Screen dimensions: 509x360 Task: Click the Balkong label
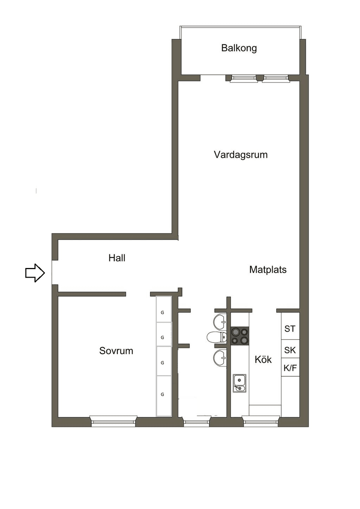coord(239,48)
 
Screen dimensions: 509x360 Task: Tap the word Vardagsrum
coord(240,155)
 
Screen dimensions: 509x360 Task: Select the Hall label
coord(117,258)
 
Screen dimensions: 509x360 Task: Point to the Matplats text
coord(268,269)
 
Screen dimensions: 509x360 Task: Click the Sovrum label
coord(116,351)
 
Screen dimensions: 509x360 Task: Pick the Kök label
coord(263,359)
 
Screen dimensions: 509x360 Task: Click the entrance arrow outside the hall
coord(35,272)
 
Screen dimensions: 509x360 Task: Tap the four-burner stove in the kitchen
coord(240,336)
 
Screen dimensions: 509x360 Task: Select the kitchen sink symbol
coord(239,383)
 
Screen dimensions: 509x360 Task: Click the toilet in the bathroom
coord(217,337)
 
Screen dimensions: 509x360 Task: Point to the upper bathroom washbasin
coord(220,321)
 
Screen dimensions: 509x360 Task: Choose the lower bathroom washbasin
coord(220,357)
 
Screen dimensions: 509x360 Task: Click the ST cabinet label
coord(290,329)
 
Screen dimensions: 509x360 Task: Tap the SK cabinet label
coord(290,350)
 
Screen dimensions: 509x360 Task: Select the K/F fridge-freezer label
coord(290,368)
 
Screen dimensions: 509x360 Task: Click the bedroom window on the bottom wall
coord(113,421)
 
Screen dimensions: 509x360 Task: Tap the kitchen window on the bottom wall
coord(261,421)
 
